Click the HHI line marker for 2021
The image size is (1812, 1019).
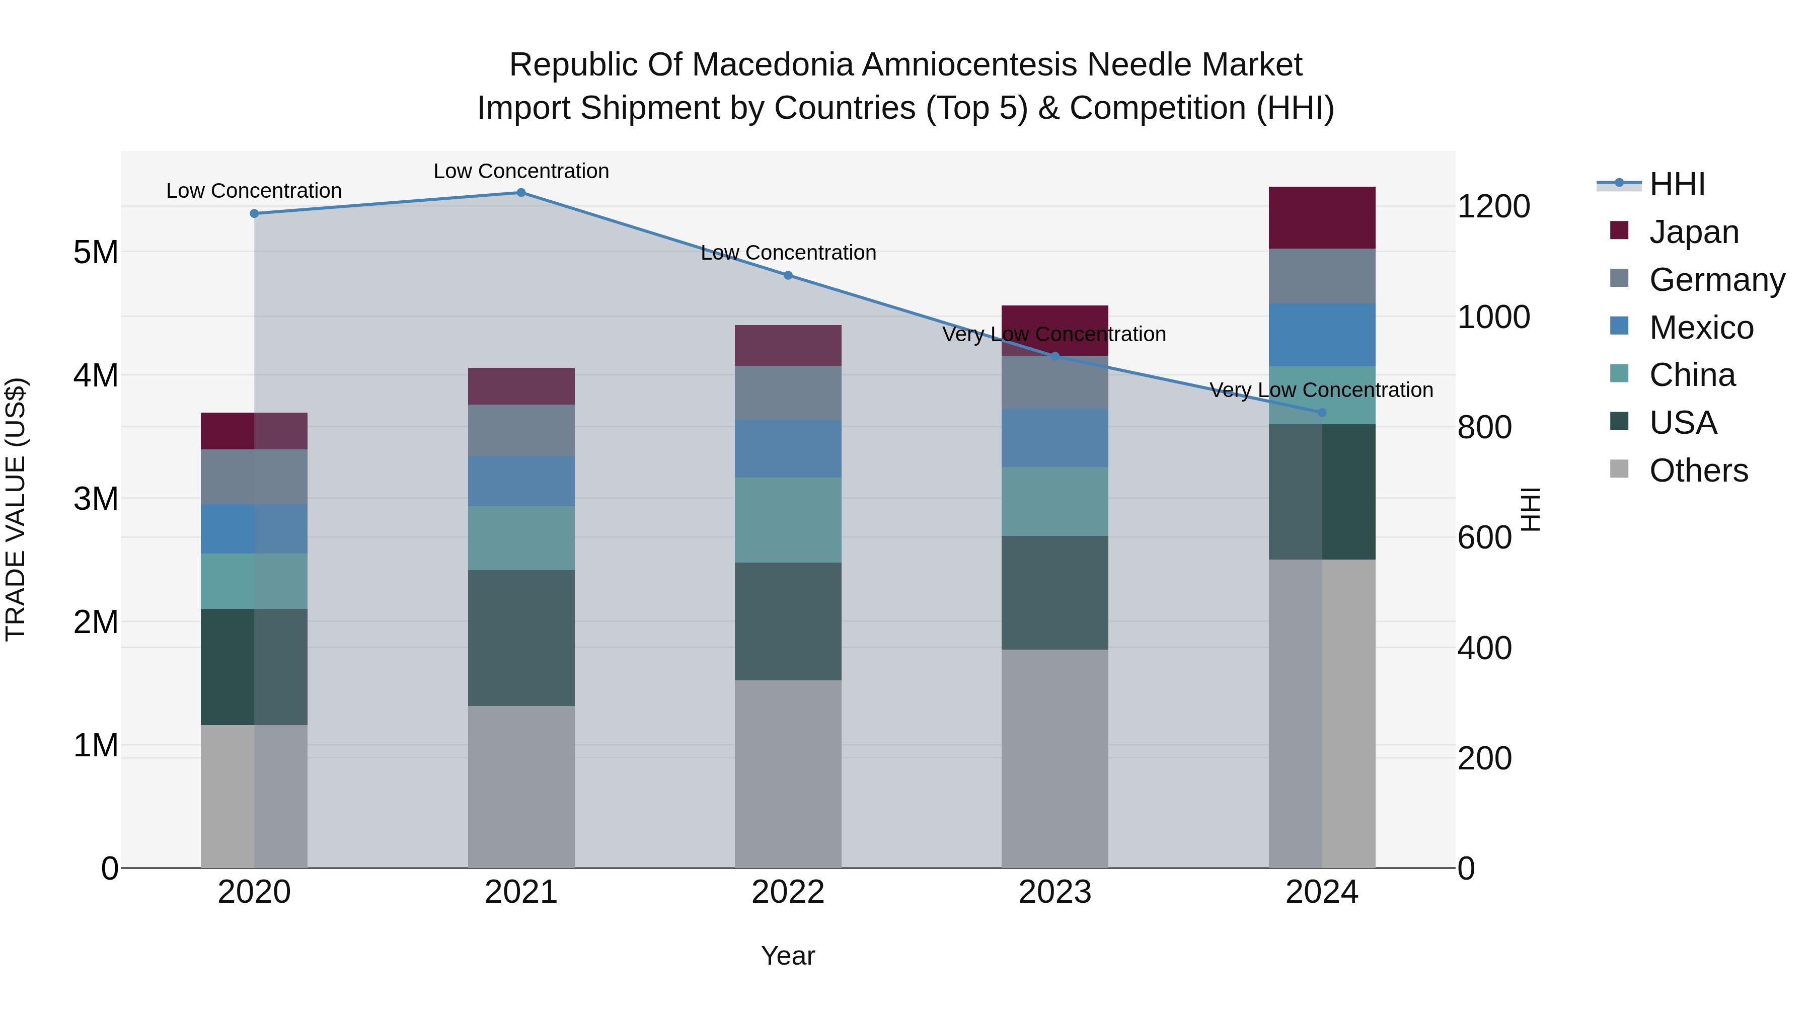521,193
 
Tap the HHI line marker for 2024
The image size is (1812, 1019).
1322,413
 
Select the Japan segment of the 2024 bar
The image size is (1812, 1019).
1322,218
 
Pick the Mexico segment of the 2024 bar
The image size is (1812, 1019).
1322,335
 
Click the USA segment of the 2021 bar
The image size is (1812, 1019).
521,638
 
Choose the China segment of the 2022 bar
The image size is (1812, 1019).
788,520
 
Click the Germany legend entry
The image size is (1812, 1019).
1716,280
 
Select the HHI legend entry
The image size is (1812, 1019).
1677,184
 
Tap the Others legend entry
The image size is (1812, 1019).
1698,471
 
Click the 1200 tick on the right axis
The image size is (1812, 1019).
1493,207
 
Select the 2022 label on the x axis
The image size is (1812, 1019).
788,892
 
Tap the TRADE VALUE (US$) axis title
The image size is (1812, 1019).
16,509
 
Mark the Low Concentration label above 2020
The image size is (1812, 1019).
254,191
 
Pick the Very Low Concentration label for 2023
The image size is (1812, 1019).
1053,335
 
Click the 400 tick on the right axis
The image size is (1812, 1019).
1484,649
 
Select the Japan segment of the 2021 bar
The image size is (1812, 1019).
521,386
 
